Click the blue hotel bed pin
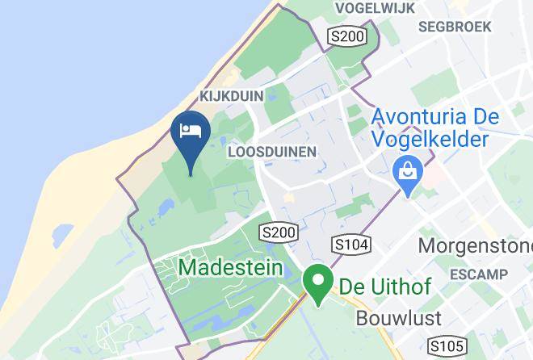191,134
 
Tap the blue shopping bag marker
403,173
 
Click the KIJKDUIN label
231,96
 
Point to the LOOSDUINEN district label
271,151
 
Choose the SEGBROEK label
455,27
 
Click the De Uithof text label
384,286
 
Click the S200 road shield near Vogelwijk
347,36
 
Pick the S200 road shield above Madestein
279,232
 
